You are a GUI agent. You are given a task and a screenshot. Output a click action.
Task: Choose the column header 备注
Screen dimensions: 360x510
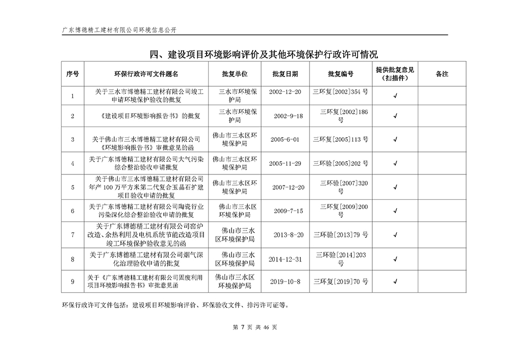pyautogui.click(x=442, y=74)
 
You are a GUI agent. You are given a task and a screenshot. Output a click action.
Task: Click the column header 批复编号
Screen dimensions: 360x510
pyautogui.click(x=341, y=74)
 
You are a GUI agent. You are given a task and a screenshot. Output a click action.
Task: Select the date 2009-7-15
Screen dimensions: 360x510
pyautogui.click(x=288, y=211)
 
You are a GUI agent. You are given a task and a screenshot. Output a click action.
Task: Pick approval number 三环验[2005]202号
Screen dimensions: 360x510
pyautogui.click(x=341, y=163)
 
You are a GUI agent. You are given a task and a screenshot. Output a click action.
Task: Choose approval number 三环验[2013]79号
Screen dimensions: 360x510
pyautogui.click(x=341, y=235)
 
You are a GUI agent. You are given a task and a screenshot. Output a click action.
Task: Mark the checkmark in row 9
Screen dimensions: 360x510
pyautogui.click(x=395, y=281)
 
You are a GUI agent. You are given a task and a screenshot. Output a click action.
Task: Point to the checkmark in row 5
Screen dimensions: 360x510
pyautogui.click(x=395, y=187)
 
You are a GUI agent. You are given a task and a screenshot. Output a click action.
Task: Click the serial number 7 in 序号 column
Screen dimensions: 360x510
pyautogui.click(x=73, y=235)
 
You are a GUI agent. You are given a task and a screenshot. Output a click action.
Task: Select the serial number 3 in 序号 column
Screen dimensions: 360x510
pyautogui.click(x=73, y=139)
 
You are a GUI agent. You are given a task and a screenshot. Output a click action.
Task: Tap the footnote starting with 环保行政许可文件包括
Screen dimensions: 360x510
pyautogui.click(x=175, y=306)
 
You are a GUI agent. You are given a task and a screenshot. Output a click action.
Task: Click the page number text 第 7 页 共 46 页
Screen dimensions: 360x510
pyautogui.click(x=254, y=327)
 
